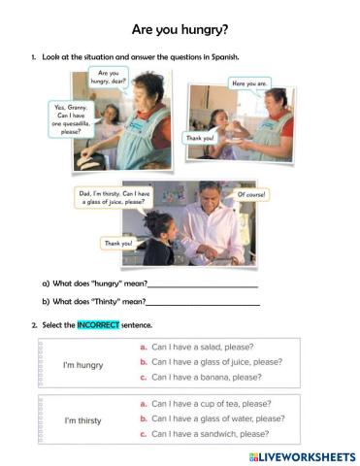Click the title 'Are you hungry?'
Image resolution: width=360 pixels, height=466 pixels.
coord(180,29)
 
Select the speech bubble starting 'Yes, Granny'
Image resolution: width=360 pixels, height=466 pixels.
coord(71,119)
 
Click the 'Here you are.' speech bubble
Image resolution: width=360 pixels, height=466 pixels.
coord(249,84)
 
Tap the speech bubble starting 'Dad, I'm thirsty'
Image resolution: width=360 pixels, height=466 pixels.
coord(115,197)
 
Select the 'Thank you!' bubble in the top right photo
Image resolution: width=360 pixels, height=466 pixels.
coord(201,138)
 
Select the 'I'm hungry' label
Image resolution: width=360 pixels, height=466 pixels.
coord(82,365)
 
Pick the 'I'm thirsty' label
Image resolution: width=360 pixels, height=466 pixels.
coord(83,421)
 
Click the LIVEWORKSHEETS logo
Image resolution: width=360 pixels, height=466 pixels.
coord(302,456)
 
